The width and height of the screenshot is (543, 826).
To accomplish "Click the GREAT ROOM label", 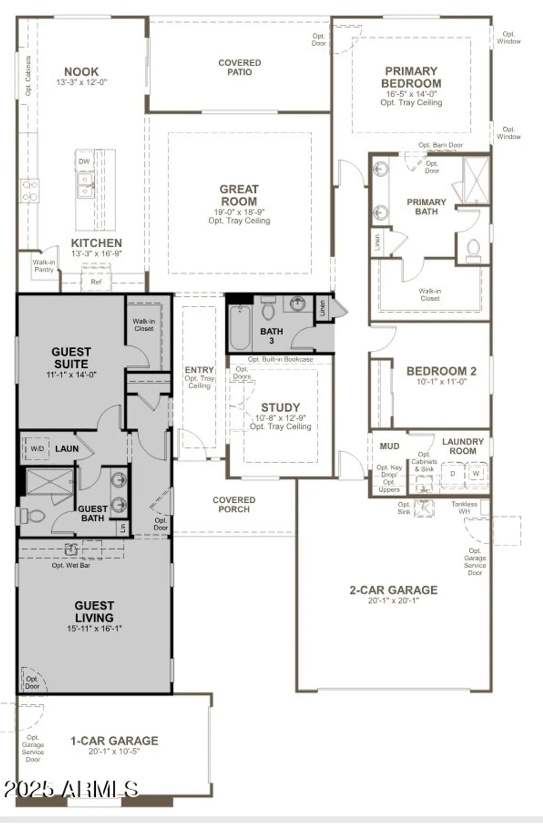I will pyautogui.click(x=239, y=195).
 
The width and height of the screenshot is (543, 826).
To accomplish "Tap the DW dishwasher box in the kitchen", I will pyautogui.click(x=84, y=161).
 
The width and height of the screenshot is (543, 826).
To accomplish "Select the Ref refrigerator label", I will pyautogui.click(x=96, y=282).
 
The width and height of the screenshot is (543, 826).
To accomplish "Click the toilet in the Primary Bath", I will pyautogui.click(x=473, y=251).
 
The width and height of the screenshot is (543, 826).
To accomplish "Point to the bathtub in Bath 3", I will pyautogui.click(x=240, y=328).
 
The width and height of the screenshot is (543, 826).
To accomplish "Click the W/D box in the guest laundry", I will pyautogui.click(x=37, y=449).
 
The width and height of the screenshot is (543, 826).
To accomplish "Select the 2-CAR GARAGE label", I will pyautogui.click(x=393, y=590).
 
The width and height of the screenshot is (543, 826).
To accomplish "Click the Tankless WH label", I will pyautogui.click(x=464, y=508).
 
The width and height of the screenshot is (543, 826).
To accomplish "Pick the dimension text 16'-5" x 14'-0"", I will pyautogui.click(x=411, y=94).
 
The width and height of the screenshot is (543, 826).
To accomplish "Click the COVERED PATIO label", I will pyautogui.click(x=240, y=67).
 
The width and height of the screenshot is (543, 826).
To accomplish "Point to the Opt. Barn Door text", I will pyautogui.click(x=441, y=145).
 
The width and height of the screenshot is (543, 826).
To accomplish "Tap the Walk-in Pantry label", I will pyautogui.click(x=44, y=266).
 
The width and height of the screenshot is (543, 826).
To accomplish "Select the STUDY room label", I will pyautogui.click(x=280, y=407).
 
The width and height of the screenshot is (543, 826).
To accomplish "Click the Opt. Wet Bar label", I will pyautogui.click(x=71, y=566).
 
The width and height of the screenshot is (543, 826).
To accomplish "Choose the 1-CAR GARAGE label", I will pyautogui.click(x=114, y=741).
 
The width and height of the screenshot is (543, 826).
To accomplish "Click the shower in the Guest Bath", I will pyautogui.click(x=50, y=482).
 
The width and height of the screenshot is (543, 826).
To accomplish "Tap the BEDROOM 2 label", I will pyautogui.click(x=441, y=371).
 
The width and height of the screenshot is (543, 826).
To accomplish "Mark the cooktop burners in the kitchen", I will pyautogui.click(x=30, y=190).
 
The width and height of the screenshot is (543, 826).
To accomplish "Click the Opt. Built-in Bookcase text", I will pyautogui.click(x=280, y=360).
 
